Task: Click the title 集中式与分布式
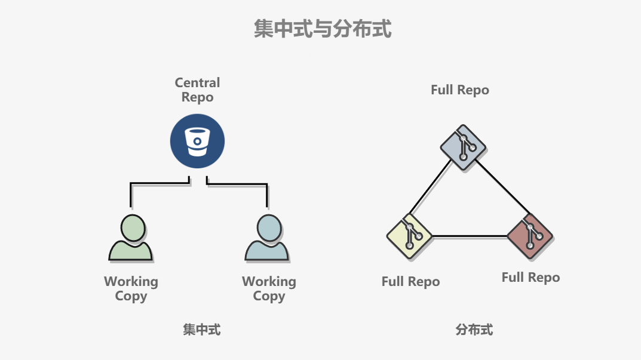point(323,29)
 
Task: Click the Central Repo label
point(197,90)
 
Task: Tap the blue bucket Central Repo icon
point(197,141)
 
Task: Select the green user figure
point(131,238)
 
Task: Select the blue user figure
point(267,238)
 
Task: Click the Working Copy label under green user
point(131,288)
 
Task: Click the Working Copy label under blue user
point(269,288)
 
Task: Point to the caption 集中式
point(201,330)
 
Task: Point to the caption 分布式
point(474,330)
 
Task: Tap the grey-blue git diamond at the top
point(463,147)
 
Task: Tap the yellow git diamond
point(409,236)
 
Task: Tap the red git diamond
point(529,236)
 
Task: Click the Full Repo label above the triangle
point(459,90)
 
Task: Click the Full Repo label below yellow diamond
point(410,282)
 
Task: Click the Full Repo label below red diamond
point(530,278)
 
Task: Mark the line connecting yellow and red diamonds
point(469,236)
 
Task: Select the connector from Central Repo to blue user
point(239,185)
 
